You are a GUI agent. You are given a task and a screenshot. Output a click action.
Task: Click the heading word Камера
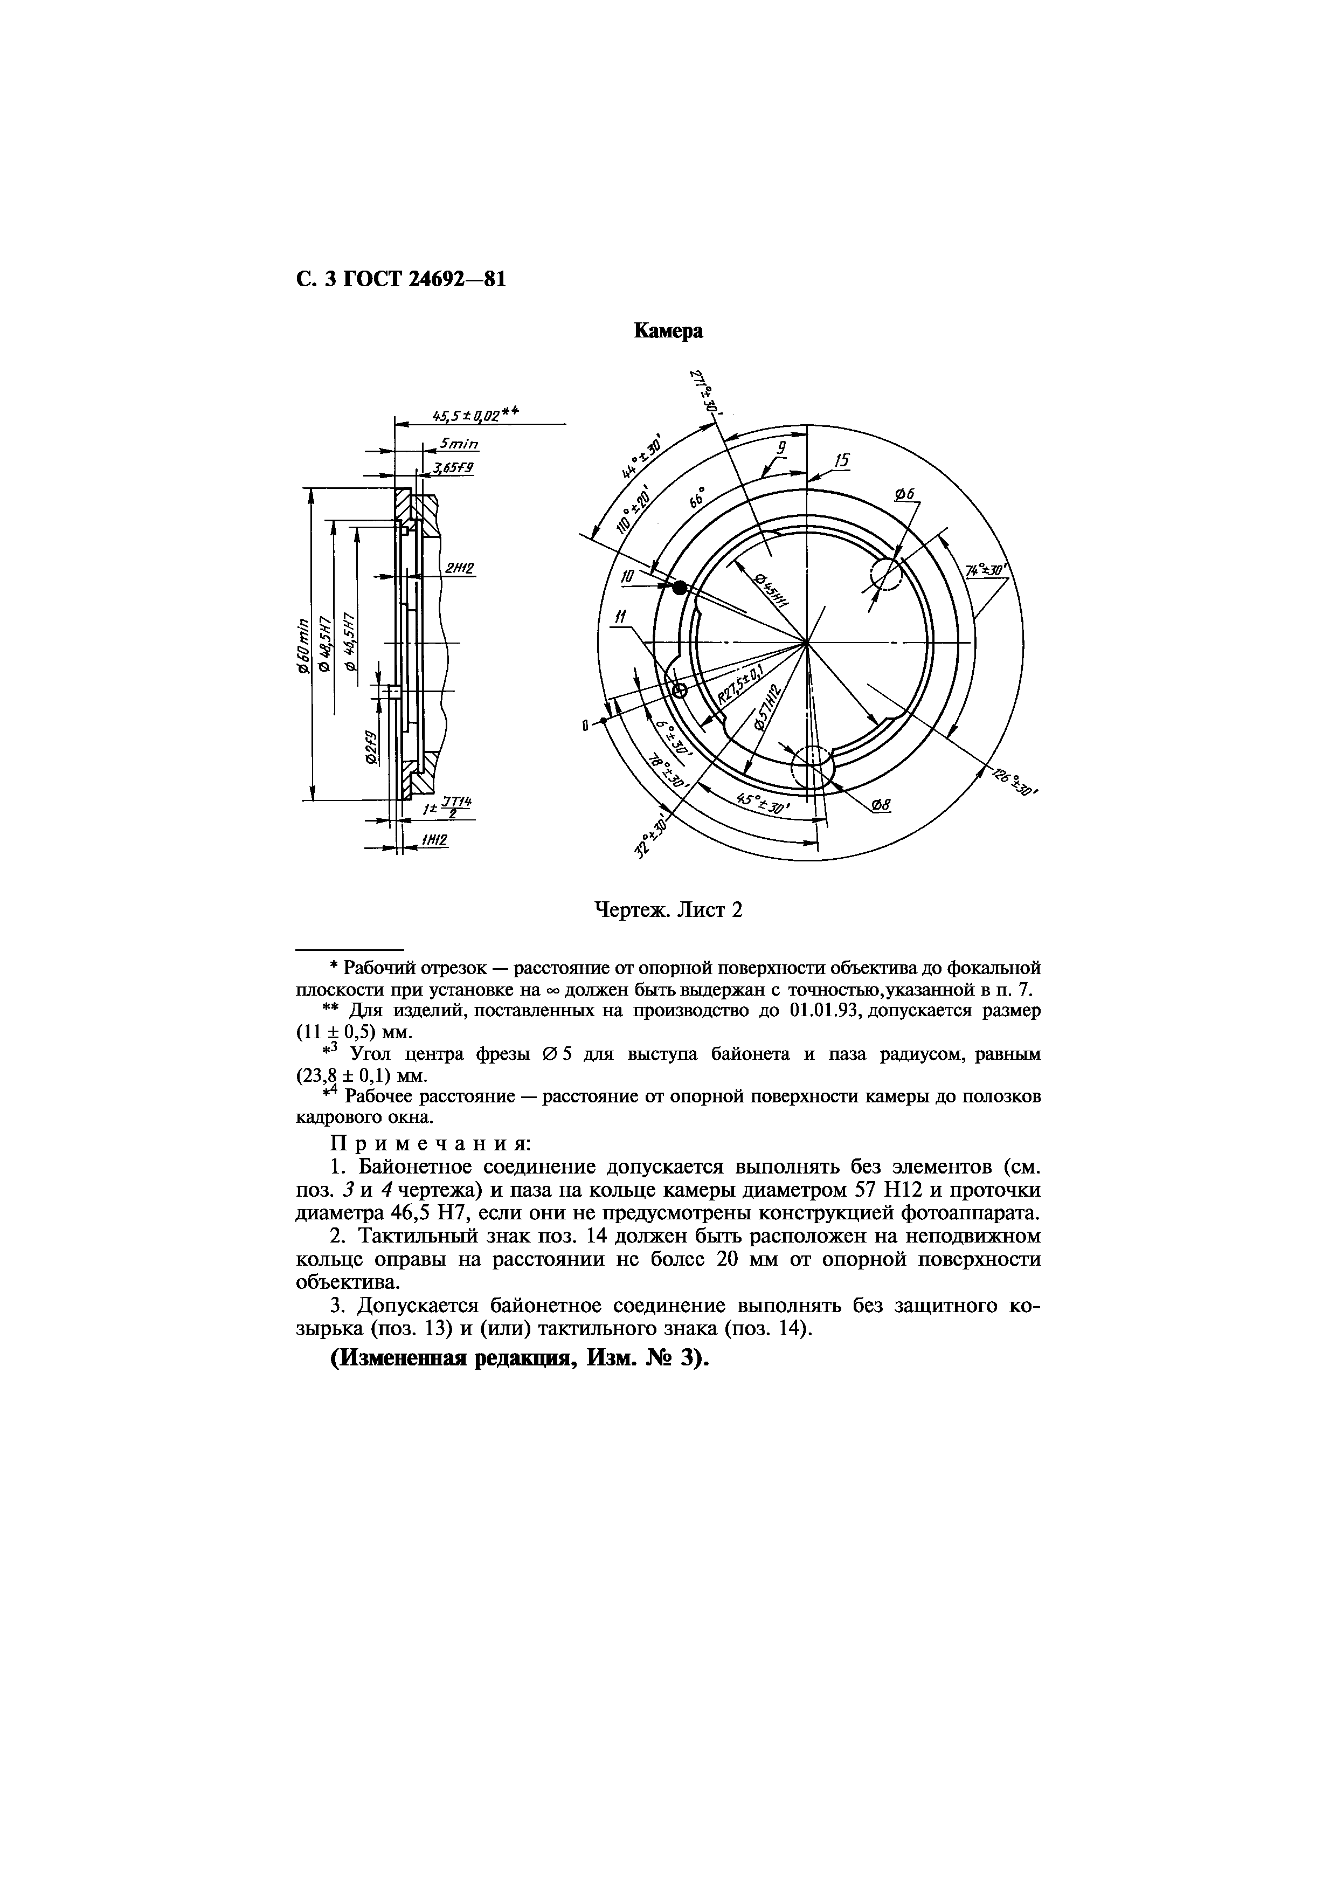click(668, 331)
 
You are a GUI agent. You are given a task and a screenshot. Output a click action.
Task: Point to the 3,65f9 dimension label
click(454, 468)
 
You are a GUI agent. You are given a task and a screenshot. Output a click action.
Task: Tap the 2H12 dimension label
click(459, 568)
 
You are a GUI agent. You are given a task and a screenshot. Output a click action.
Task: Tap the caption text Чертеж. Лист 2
click(668, 910)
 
